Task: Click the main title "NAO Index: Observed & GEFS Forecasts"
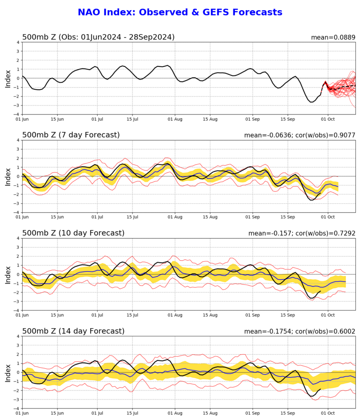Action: pos(180,12)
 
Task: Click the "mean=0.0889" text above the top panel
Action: pos(333,37)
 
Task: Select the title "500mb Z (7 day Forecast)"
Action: pos(71,135)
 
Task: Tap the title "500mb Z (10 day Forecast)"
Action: pos(73,233)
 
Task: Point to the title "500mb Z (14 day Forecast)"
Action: pos(73,331)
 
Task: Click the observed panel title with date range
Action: pos(98,37)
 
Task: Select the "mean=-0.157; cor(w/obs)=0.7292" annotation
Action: pos(302,233)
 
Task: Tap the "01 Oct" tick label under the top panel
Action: pos(328,119)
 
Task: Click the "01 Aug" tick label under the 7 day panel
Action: pos(175,217)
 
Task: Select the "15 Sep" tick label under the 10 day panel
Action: pos(288,315)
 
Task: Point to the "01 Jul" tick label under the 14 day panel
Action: pos(97,413)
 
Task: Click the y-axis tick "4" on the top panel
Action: pos(18,42)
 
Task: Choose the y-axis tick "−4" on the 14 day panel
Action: pos(17,409)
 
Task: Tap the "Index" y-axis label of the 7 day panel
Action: pos(8,177)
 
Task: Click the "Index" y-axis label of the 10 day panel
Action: pos(8,275)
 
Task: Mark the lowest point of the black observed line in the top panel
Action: pos(312,102)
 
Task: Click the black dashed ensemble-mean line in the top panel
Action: pos(340,87)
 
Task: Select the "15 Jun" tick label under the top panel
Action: pos(57,119)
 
